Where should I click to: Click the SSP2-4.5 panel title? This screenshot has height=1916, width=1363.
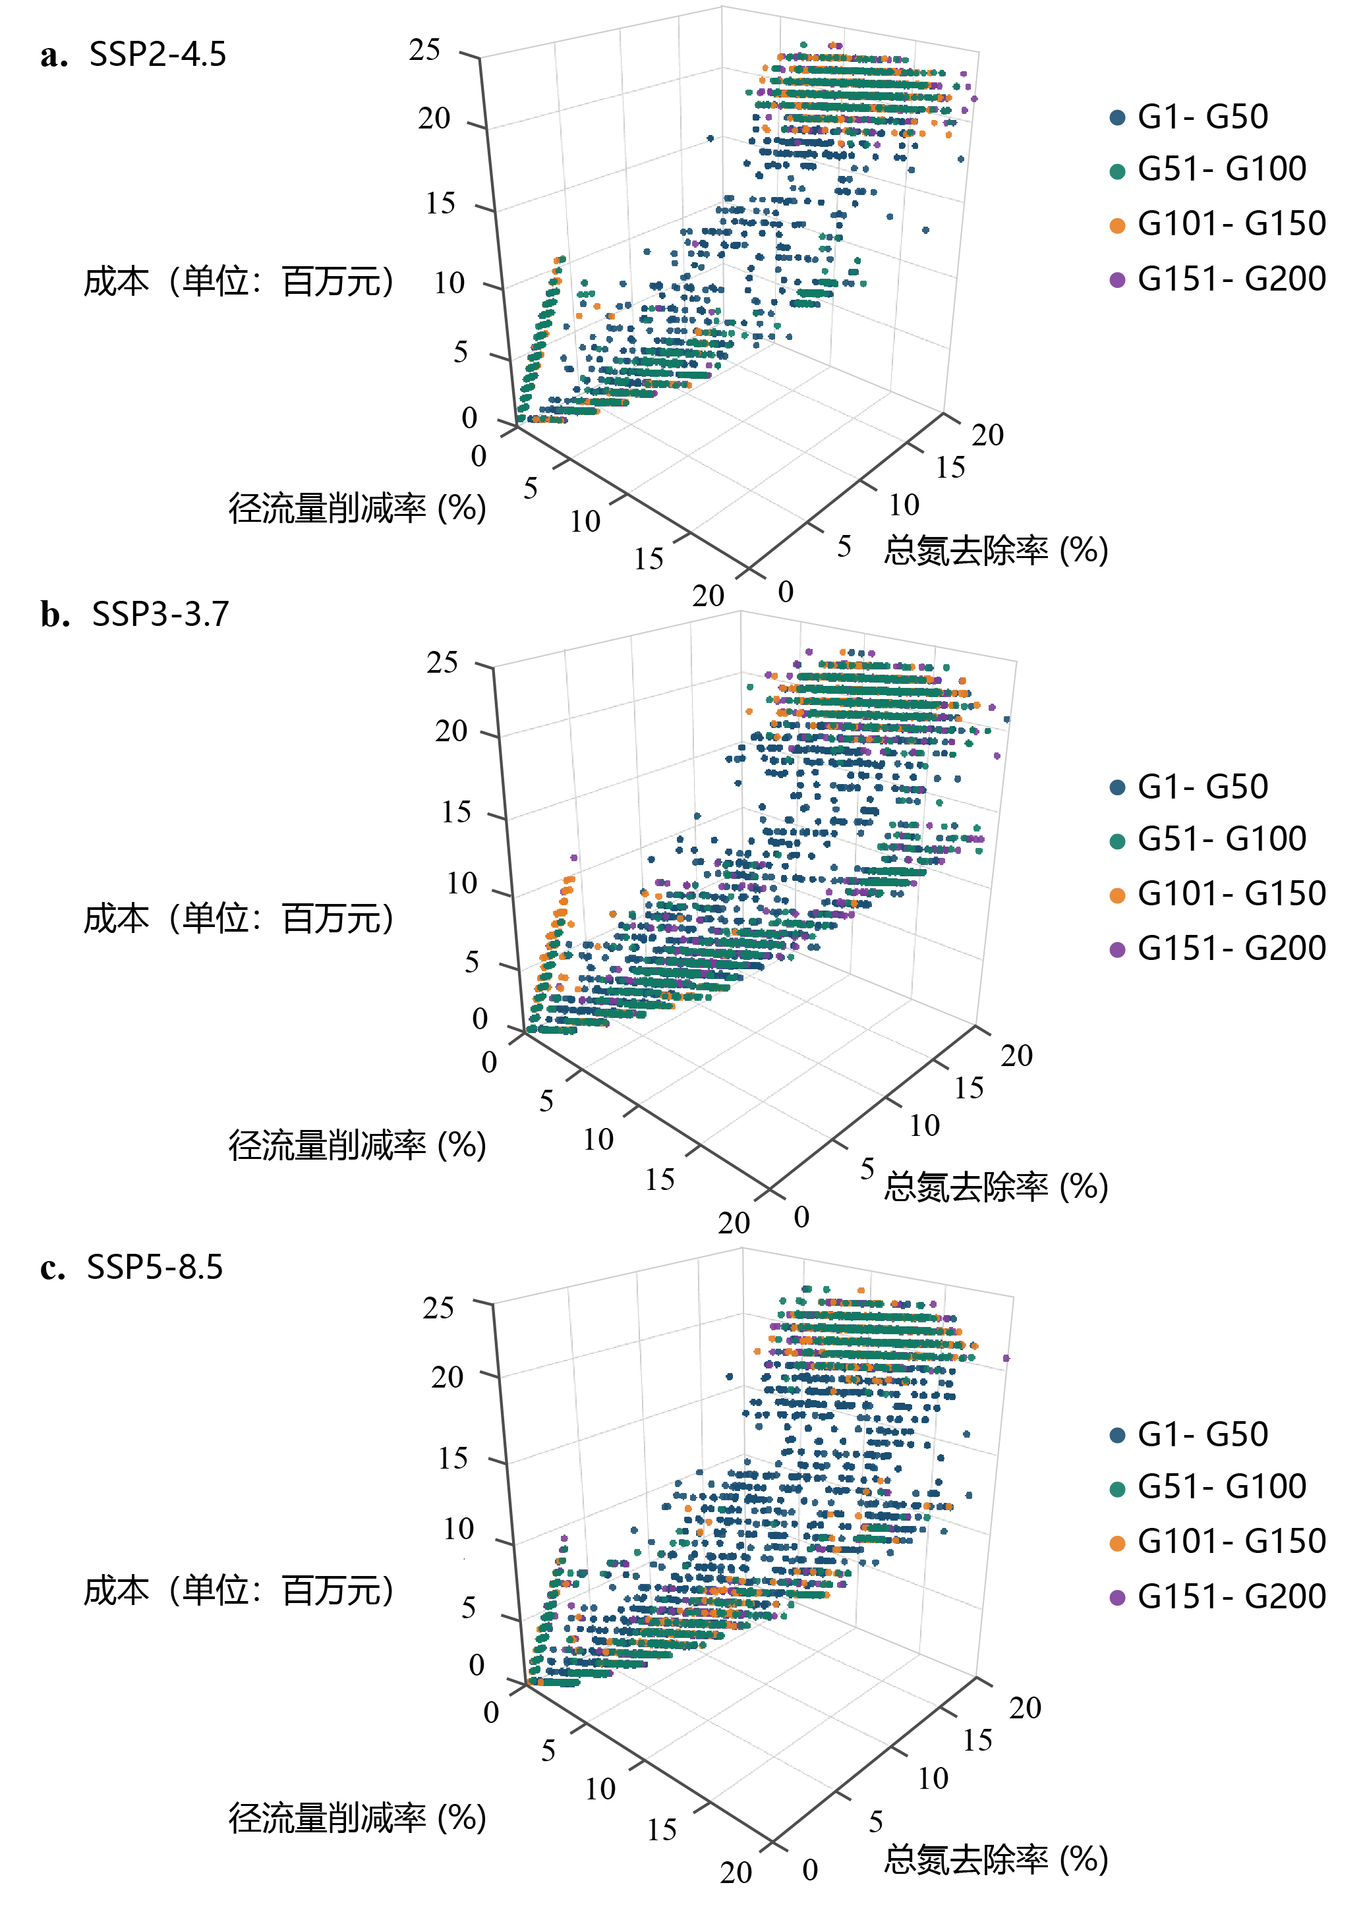(x=158, y=55)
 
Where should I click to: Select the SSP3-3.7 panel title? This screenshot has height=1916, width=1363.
(x=159, y=615)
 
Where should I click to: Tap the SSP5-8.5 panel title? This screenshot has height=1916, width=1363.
(x=156, y=1268)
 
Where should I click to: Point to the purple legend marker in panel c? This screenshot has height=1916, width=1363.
(x=1117, y=1598)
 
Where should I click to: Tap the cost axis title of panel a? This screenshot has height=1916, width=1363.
(x=239, y=282)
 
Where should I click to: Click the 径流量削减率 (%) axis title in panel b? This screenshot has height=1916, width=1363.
(x=357, y=1146)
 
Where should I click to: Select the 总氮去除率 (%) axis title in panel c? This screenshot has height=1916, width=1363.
(x=997, y=1860)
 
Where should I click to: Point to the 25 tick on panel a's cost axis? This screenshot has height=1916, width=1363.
(x=424, y=50)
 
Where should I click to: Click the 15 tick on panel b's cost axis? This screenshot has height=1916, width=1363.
(x=457, y=812)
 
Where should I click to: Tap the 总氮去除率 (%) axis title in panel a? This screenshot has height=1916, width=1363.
(x=997, y=551)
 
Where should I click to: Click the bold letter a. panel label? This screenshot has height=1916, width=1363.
(x=53, y=55)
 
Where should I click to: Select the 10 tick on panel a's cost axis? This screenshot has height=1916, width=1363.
(x=450, y=283)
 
